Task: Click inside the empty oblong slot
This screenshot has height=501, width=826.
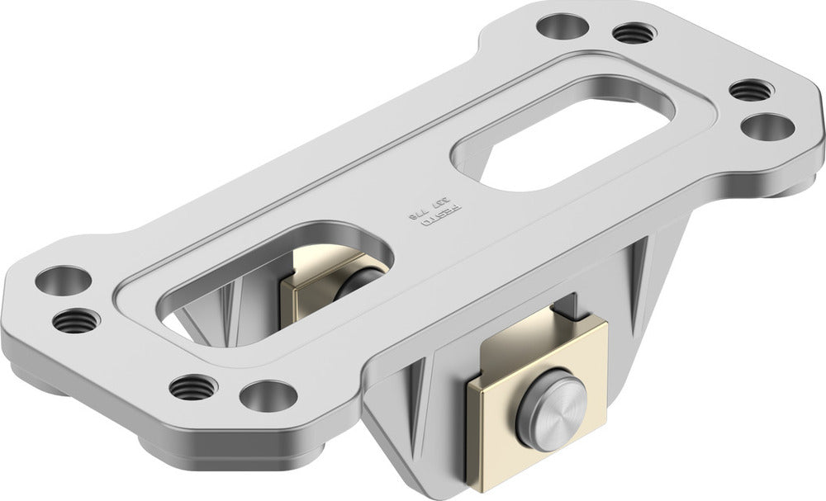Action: coord(570,132)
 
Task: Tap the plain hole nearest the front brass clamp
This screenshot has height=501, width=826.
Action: coord(268,395)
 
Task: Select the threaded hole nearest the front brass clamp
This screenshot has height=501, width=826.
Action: coord(194,385)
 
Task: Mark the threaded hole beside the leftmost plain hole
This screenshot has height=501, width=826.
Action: coord(76,319)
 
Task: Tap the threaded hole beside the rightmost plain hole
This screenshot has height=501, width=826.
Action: coord(750,89)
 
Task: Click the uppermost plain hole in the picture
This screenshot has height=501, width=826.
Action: coord(563,26)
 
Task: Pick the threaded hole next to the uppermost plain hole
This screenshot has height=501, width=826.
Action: coord(634,33)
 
